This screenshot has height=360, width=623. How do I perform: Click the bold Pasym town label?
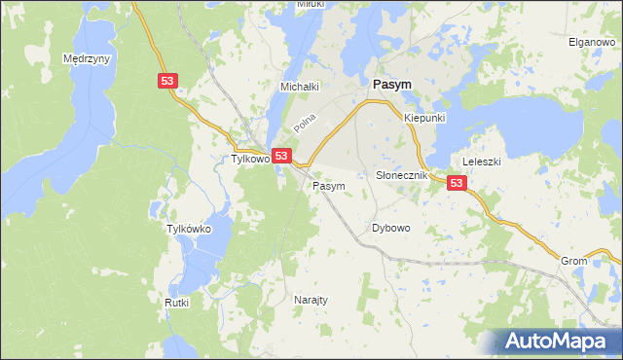point(389,85)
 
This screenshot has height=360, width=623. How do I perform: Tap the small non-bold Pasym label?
point(328,185)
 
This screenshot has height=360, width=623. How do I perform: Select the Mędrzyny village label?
point(87,58)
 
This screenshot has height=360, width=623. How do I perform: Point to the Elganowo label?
point(590,42)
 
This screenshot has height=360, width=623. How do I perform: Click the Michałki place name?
point(301,87)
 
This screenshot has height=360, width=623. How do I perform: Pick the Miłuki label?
point(311,5)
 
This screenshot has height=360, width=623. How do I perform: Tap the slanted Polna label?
point(306,124)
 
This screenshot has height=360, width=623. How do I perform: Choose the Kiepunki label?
point(424,118)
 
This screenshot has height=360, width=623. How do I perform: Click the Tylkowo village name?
point(248,159)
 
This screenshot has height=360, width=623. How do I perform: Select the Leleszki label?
point(481,162)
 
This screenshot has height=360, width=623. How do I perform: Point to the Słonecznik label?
point(402,174)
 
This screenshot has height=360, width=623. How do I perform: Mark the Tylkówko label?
point(189,229)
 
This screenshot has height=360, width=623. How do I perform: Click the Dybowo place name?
point(391,228)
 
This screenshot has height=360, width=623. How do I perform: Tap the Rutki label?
point(176,303)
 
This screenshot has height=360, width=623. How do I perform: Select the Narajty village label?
point(311,301)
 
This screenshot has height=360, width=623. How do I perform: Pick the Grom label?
point(573,262)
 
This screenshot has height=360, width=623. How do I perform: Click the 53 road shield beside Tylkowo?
point(281,156)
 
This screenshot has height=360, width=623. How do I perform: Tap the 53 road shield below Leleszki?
point(458,182)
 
